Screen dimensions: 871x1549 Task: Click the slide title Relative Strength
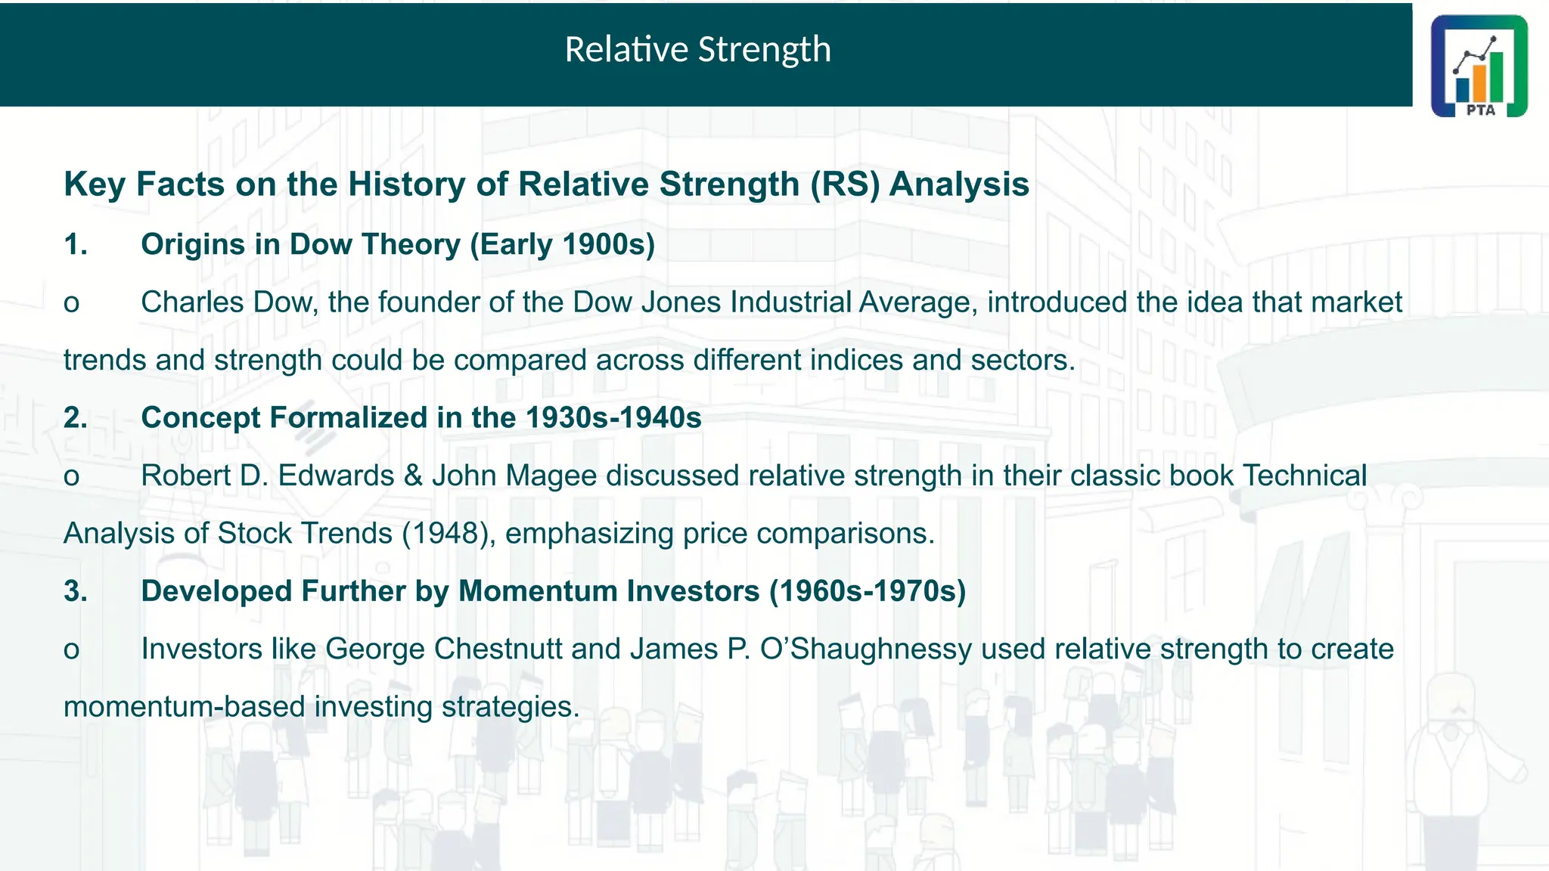[x=697, y=50]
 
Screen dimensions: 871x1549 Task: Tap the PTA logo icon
[x=1479, y=67]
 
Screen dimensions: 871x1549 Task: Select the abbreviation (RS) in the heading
[x=845, y=184]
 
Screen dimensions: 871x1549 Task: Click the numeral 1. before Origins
[x=76, y=245]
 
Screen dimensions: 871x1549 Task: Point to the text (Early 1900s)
[x=562, y=245]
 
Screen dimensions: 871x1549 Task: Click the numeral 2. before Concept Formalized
[x=76, y=418]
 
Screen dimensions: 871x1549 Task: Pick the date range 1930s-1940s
[x=613, y=418]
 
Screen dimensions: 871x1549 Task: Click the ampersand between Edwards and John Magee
[x=413, y=476]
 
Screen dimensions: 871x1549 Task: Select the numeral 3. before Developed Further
[x=76, y=591]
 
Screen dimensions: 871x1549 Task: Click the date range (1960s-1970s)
[x=868, y=591]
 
